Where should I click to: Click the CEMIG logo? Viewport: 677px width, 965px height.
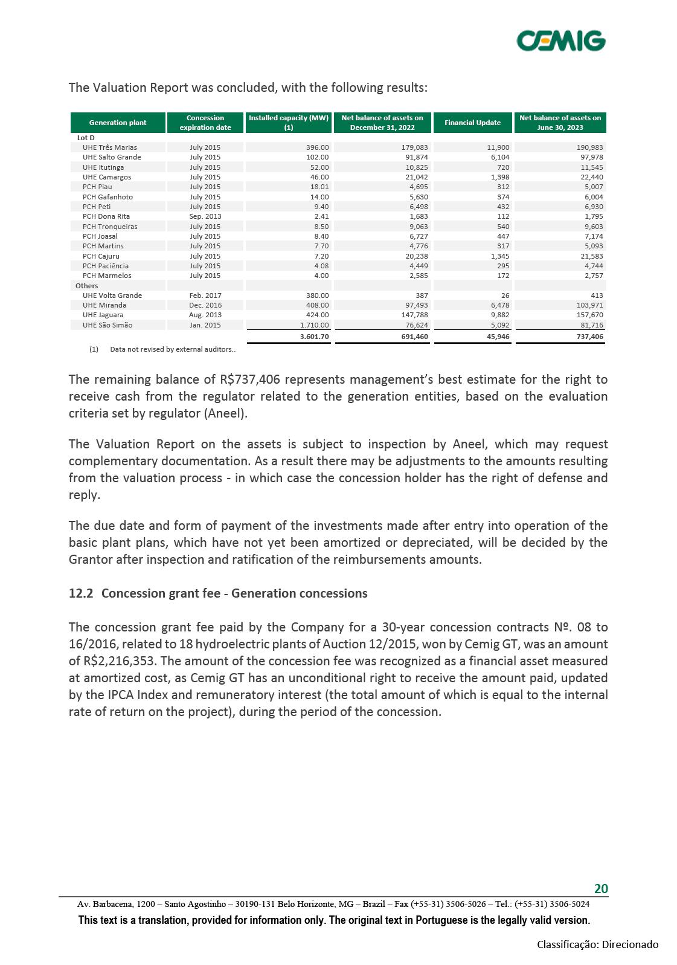pyautogui.click(x=560, y=41)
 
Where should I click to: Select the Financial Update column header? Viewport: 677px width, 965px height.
pyautogui.click(x=472, y=123)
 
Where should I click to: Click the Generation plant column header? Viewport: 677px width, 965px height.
pyautogui.click(x=118, y=123)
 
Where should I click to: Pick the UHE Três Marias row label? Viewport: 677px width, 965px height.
pyautogui.click(x=110, y=147)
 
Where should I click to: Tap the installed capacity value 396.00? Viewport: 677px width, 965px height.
pyautogui.click(x=317, y=147)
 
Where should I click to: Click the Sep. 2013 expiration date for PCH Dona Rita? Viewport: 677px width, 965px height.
pyautogui.click(x=205, y=216)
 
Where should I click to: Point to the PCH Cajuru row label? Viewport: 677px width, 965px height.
pyautogui.click(x=101, y=256)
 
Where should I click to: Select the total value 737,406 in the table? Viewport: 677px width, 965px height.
pyautogui.click(x=589, y=337)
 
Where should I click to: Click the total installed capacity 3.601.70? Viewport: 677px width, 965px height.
pyautogui.click(x=314, y=337)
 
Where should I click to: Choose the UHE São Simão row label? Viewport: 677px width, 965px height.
pyautogui.click(x=107, y=325)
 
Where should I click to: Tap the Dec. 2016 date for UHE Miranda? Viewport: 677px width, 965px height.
pyautogui.click(x=205, y=305)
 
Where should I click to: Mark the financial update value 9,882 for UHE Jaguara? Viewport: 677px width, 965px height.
pyautogui.click(x=499, y=315)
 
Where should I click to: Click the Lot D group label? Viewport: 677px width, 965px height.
pyautogui.click(x=86, y=138)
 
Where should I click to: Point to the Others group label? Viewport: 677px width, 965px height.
pyautogui.click(x=87, y=286)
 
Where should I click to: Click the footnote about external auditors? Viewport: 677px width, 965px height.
pyautogui.click(x=173, y=349)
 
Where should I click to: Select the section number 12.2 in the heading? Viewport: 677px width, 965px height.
pyautogui.click(x=81, y=593)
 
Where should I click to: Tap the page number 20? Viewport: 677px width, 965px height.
pyautogui.click(x=601, y=888)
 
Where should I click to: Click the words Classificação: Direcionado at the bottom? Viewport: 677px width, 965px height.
pyautogui.click(x=597, y=944)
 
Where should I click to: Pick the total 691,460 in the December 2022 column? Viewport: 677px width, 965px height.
pyautogui.click(x=414, y=337)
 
